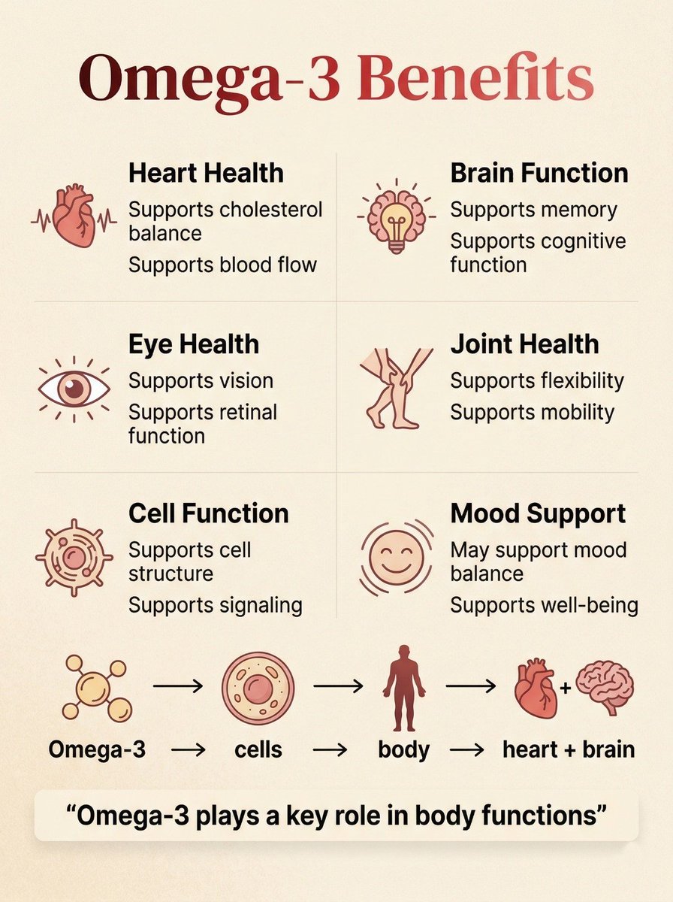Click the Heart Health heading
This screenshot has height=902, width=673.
pos(206,173)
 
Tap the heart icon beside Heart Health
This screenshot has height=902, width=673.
pos(74,215)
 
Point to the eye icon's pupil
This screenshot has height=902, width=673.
pos(74,388)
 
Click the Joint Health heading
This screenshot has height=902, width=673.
pos(524,344)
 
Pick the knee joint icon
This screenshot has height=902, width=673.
pos(396,389)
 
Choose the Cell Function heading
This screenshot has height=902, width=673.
pos(209,513)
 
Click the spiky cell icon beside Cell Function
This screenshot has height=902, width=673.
pos(74,557)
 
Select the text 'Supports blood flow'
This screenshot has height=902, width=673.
pos(222,265)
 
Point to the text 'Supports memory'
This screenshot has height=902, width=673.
pos(533,210)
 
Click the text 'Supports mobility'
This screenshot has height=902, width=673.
pos(532,412)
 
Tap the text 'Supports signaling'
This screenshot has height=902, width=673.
pos(216,605)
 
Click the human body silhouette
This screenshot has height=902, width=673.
pos(404,688)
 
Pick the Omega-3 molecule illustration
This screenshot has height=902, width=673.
pos(96,688)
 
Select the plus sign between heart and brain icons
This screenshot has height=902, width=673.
pos(566,688)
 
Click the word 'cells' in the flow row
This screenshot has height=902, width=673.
pos(258,749)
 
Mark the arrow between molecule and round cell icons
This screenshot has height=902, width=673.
pos(178,686)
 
